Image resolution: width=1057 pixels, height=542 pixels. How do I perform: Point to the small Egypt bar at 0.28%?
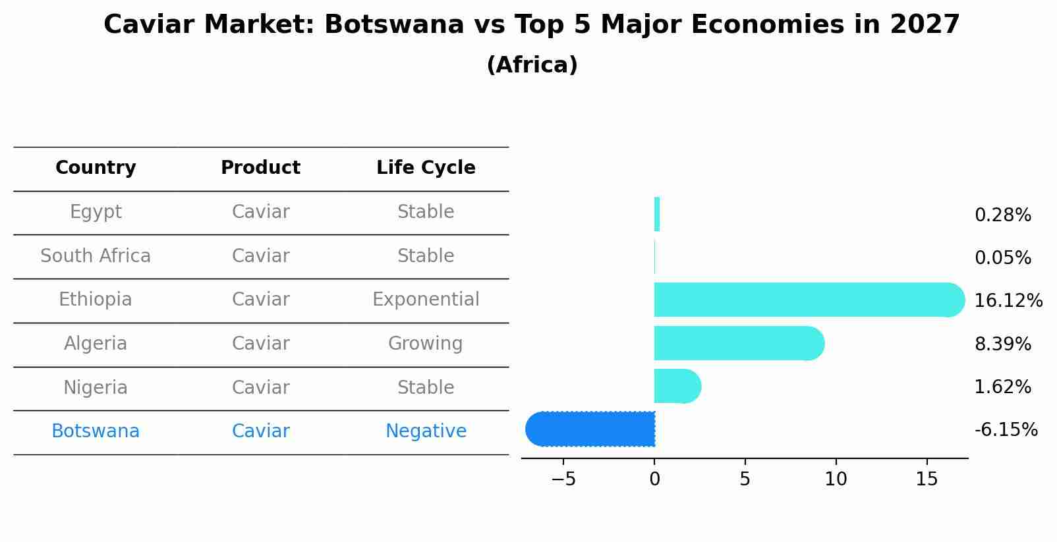[x=657, y=214]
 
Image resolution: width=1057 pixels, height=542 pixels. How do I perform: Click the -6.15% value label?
[x=1006, y=430]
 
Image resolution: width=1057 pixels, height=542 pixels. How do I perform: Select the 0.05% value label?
[x=1002, y=258]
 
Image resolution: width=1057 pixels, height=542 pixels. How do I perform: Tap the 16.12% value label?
[x=1008, y=301]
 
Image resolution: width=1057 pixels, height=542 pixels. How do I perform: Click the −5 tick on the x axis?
[x=563, y=479]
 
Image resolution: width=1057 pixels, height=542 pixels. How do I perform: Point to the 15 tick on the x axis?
[x=927, y=479]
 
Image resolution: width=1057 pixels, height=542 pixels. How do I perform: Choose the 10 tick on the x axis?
[x=836, y=479]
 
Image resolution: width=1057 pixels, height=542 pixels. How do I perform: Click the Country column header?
[x=96, y=168]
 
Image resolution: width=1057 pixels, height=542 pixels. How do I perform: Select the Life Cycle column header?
[x=426, y=168]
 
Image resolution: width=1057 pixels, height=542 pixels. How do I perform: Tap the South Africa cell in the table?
[x=96, y=256]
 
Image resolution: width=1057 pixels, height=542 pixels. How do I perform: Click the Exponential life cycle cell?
[x=426, y=300]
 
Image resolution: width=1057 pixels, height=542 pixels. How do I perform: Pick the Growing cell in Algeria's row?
[x=426, y=344]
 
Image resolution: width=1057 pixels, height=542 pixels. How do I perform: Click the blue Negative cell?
[x=426, y=431]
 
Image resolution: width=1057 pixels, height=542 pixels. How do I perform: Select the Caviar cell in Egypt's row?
[x=260, y=212]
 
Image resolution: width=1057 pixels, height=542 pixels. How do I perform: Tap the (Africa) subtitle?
[x=532, y=65]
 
